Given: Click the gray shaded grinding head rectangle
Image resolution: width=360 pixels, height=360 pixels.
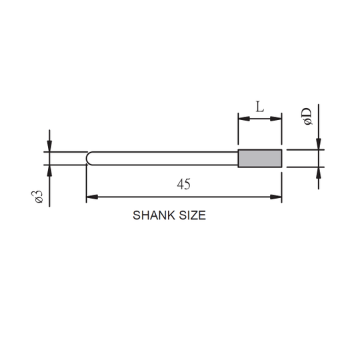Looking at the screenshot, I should point(260,158).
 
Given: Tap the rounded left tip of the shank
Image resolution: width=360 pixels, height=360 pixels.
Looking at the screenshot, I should point(89,158).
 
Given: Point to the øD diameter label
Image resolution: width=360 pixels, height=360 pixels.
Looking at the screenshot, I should point(307,118).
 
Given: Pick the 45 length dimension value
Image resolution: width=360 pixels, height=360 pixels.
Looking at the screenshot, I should point(184,185).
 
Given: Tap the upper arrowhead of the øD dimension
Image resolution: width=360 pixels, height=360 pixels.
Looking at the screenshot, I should point(319,145).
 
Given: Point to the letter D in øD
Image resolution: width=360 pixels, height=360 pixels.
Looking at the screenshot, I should point(307,114).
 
